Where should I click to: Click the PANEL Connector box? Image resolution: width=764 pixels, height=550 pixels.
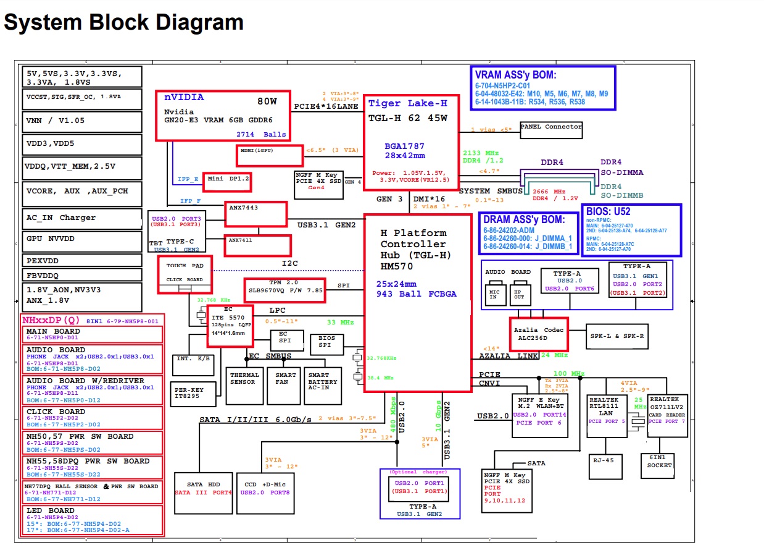(x=551, y=130)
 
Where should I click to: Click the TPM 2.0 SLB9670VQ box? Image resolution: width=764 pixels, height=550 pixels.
(x=285, y=290)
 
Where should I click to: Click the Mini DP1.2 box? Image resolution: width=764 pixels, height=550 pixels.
(x=227, y=181)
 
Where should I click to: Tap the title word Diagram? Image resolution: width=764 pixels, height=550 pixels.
(x=198, y=23)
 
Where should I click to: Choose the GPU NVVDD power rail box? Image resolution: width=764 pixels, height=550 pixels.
(x=81, y=239)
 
